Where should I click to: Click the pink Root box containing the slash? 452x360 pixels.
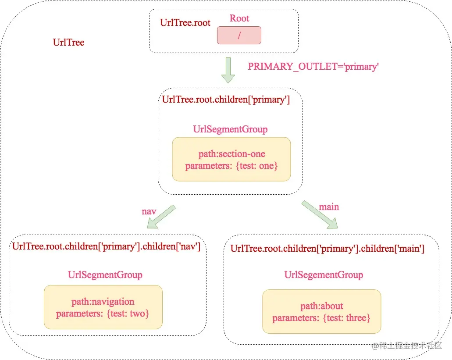click(x=239, y=36)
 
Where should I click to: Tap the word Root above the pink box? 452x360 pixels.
click(x=239, y=18)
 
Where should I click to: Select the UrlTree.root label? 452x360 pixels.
click(x=185, y=23)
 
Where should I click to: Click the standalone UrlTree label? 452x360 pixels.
click(x=68, y=43)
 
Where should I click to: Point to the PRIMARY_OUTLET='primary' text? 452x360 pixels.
click(x=313, y=67)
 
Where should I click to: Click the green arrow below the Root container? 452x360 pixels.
click(x=228, y=70)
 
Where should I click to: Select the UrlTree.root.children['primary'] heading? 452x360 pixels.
click(x=226, y=100)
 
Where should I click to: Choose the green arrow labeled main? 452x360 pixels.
click(x=320, y=215)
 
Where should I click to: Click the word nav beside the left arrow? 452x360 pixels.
click(x=149, y=211)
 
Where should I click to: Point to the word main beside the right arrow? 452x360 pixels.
click(x=329, y=207)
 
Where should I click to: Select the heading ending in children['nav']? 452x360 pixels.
click(x=106, y=246)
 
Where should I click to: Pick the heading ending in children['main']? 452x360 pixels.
click(x=327, y=249)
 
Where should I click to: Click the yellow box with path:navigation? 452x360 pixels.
click(x=103, y=307)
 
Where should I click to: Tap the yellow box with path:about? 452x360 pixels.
click(x=321, y=311)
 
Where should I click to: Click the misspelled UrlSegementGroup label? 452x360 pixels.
click(x=324, y=275)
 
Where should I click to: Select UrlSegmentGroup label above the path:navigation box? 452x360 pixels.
click(x=105, y=275)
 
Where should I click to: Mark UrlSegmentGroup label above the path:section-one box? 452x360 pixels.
click(x=230, y=129)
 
